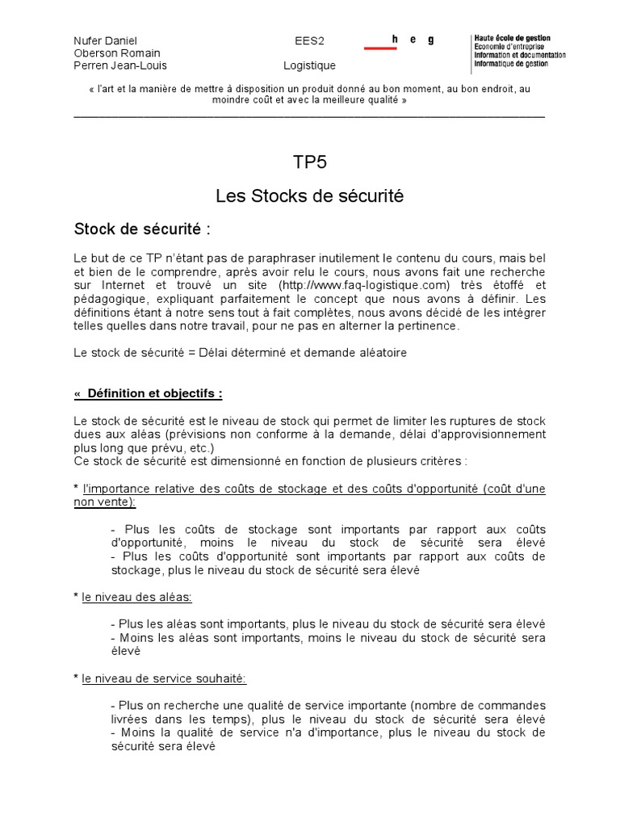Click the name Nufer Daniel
pos(105,40)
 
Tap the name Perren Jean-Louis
pos(119,65)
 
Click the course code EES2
pos(309,40)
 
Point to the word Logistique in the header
pos(309,65)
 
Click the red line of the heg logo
pos(380,48)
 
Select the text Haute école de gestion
pos(513,39)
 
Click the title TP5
pos(309,162)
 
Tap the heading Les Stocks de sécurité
pos(309,195)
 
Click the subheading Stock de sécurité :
pos(142,229)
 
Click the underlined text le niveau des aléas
pos(136,597)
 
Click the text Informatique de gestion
pos(511,64)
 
